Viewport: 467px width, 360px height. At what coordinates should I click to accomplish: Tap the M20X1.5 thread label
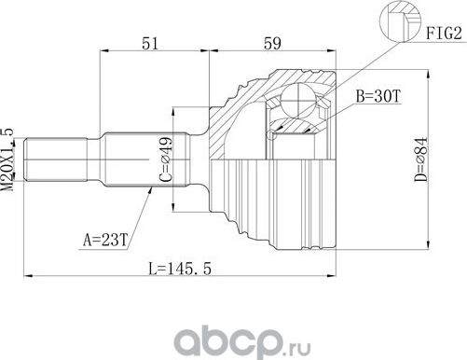(8, 159)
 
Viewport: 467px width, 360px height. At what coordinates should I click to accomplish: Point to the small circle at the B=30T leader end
(271, 136)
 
